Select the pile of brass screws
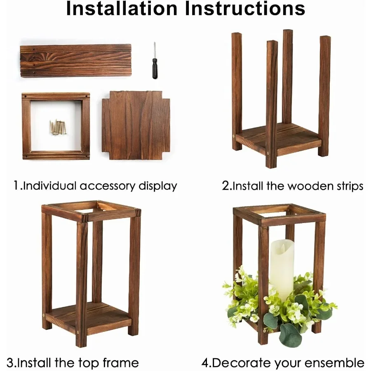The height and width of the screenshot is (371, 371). (x=58, y=127)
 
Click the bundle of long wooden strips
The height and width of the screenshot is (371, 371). (x=75, y=61)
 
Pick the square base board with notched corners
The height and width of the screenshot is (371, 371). (x=136, y=125)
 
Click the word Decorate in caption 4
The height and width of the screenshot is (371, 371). (x=241, y=363)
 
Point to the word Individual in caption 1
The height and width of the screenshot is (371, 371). (x=49, y=185)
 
